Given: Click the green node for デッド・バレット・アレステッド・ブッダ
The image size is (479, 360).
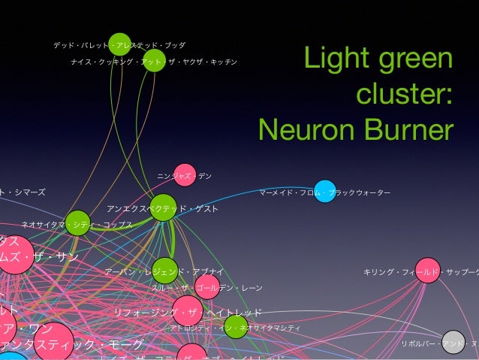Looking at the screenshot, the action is (x=119, y=44).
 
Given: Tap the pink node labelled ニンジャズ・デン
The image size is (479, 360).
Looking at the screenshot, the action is (x=185, y=175).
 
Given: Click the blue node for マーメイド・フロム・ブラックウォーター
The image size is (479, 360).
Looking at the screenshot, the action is (x=324, y=192).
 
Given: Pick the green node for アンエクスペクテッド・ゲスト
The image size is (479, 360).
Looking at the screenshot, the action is (x=163, y=207).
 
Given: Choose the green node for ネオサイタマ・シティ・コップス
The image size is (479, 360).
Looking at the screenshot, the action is (x=77, y=222).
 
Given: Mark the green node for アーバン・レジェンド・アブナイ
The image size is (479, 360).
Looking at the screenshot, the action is (x=165, y=270).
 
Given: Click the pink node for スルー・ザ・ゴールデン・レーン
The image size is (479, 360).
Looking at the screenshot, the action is (x=207, y=286).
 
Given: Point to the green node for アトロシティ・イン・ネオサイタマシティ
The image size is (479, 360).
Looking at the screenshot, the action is (x=236, y=326).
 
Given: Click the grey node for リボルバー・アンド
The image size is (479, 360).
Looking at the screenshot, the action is (x=453, y=343).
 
